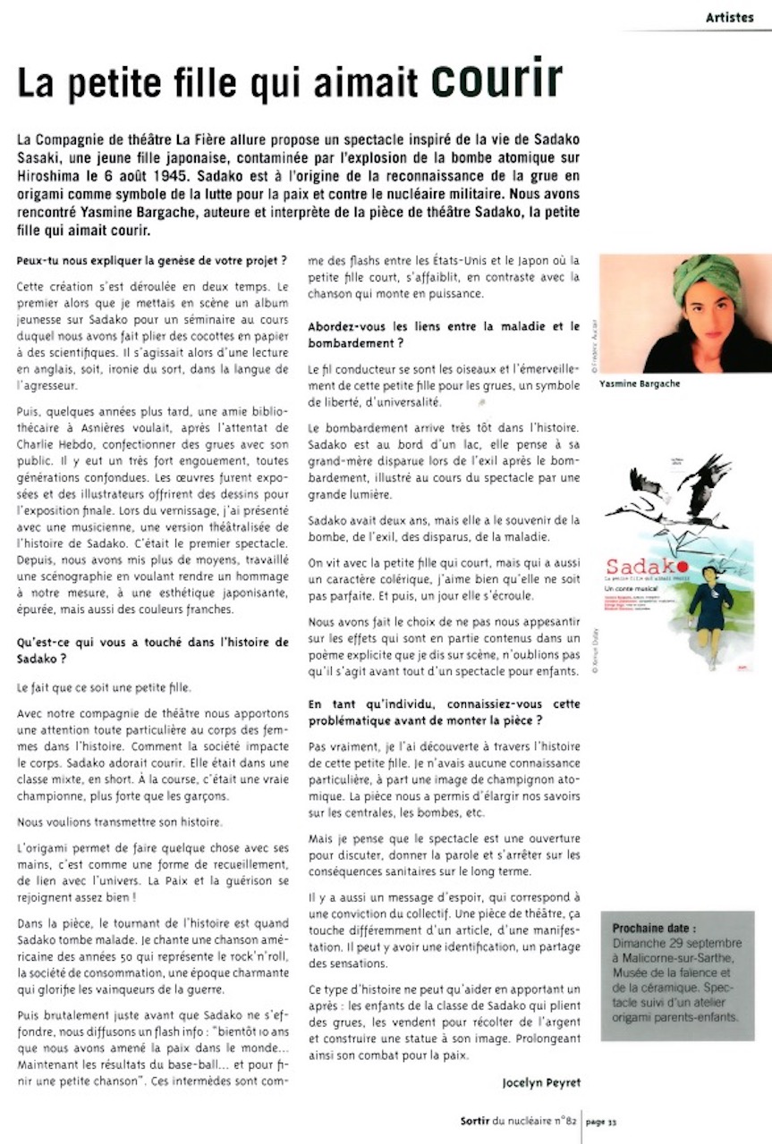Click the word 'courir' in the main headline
click(497, 81)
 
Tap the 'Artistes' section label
click(729, 17)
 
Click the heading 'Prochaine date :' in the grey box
click(654, 928)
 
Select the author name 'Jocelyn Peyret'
click(541, 1082)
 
